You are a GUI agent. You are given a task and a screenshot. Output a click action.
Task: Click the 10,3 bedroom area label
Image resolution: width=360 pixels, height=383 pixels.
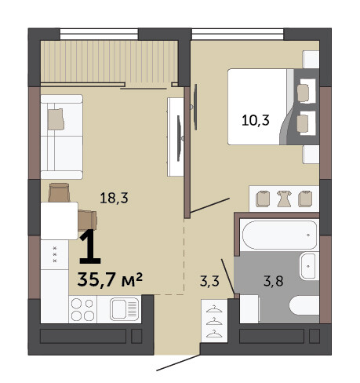click(256, 121)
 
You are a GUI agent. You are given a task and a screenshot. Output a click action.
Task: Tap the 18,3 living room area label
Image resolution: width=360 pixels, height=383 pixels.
click(114, 198)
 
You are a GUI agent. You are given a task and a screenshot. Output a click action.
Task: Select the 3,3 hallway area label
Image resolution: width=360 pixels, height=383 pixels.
click(209, 281)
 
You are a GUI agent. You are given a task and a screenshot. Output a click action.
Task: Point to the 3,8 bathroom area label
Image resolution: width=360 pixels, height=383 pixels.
click(274, 281)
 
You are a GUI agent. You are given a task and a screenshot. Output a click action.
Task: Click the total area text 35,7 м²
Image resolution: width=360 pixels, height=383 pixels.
click(110, 279)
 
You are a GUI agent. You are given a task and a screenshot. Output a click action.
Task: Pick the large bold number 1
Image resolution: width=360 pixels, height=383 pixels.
click(90, 246)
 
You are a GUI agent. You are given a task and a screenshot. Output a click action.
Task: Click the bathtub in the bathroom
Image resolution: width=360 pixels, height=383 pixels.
click(279, 235)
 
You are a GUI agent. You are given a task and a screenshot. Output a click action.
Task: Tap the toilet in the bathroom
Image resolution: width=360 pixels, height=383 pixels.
click(304, 305)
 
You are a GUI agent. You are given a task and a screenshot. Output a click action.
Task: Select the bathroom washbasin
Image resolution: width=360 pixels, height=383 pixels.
click(309, 266)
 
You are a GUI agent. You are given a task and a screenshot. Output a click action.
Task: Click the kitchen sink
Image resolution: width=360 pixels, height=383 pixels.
click(124, 309)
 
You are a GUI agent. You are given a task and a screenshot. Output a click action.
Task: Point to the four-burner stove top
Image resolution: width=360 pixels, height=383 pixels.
click(82, 309)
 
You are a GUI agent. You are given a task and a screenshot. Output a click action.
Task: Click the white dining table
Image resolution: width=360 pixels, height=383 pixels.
click(60, 221)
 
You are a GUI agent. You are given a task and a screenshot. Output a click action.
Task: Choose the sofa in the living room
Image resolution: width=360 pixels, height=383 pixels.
click(62, 137)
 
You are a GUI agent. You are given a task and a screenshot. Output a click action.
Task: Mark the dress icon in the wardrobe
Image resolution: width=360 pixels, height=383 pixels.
click(284, 199)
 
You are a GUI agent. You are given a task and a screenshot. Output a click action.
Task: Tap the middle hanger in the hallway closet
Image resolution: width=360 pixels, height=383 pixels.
click(214, 322)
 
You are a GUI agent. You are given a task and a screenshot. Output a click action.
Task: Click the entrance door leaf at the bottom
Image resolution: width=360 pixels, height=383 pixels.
click(178, 363)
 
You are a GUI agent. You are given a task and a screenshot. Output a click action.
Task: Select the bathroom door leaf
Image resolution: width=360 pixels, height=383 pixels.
click(227, 276)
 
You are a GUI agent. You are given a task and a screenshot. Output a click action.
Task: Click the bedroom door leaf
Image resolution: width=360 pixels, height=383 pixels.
click(210, 206)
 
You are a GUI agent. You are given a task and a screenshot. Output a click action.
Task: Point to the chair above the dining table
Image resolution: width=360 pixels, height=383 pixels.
click(59, 192)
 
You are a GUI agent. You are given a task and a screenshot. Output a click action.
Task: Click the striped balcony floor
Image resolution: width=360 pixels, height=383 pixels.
click(109, 62)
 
